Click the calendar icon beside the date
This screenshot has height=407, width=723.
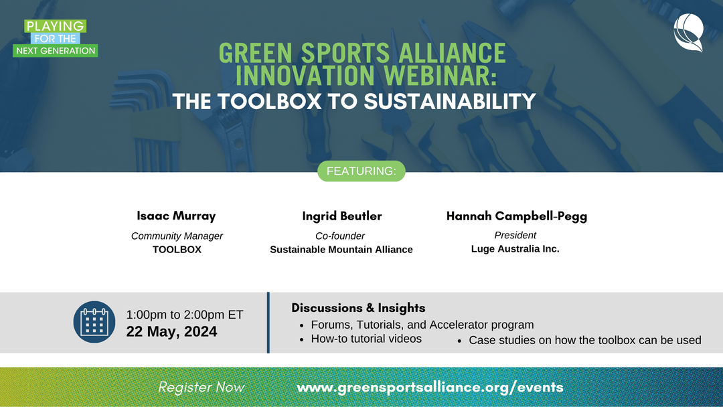(94, 322)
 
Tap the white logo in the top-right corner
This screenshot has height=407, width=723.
(689, 32)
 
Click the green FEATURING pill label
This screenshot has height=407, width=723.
(361, 171)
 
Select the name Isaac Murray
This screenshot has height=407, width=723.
(177, 216)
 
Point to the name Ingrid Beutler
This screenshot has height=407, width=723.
(341, 216)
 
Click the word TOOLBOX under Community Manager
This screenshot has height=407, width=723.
(177, 250)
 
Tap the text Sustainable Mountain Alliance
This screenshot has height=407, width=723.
(341, 250)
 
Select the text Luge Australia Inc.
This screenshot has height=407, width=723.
(515, 248)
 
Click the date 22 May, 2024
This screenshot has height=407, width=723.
(171, 331)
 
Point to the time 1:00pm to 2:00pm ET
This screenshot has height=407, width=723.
(185, 315)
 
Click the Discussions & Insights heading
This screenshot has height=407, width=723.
(358, 308)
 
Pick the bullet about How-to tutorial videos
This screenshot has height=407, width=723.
(366, 339)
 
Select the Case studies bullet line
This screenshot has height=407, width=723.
(584, 340)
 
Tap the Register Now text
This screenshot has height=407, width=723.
(202, 387)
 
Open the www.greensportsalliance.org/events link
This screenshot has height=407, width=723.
(430, 387)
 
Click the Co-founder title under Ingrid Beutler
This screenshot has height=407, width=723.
(340, 236)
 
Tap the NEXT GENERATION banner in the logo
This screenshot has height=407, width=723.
(56, 51)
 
